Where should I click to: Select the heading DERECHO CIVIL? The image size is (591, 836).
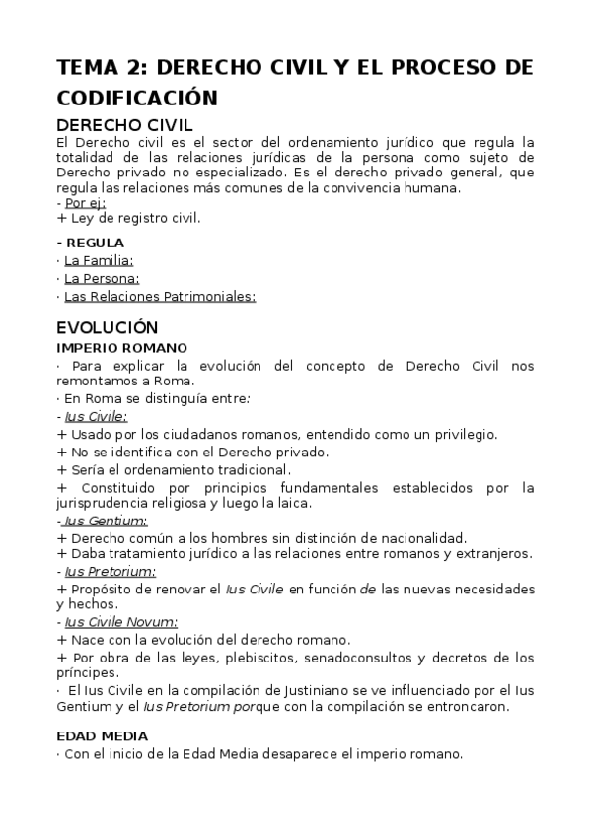point(124,125)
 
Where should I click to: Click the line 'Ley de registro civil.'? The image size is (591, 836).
point(134,217)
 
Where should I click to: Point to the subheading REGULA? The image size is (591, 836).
point(94,243)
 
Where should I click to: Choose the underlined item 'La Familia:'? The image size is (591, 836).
point(99,260)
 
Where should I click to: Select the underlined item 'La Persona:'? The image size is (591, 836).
point(102,278)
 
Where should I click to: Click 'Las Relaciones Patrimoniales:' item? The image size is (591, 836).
point(160,296)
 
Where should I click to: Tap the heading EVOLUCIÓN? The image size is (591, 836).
point(108,327)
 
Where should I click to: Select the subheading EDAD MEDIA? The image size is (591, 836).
point(103,735)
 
